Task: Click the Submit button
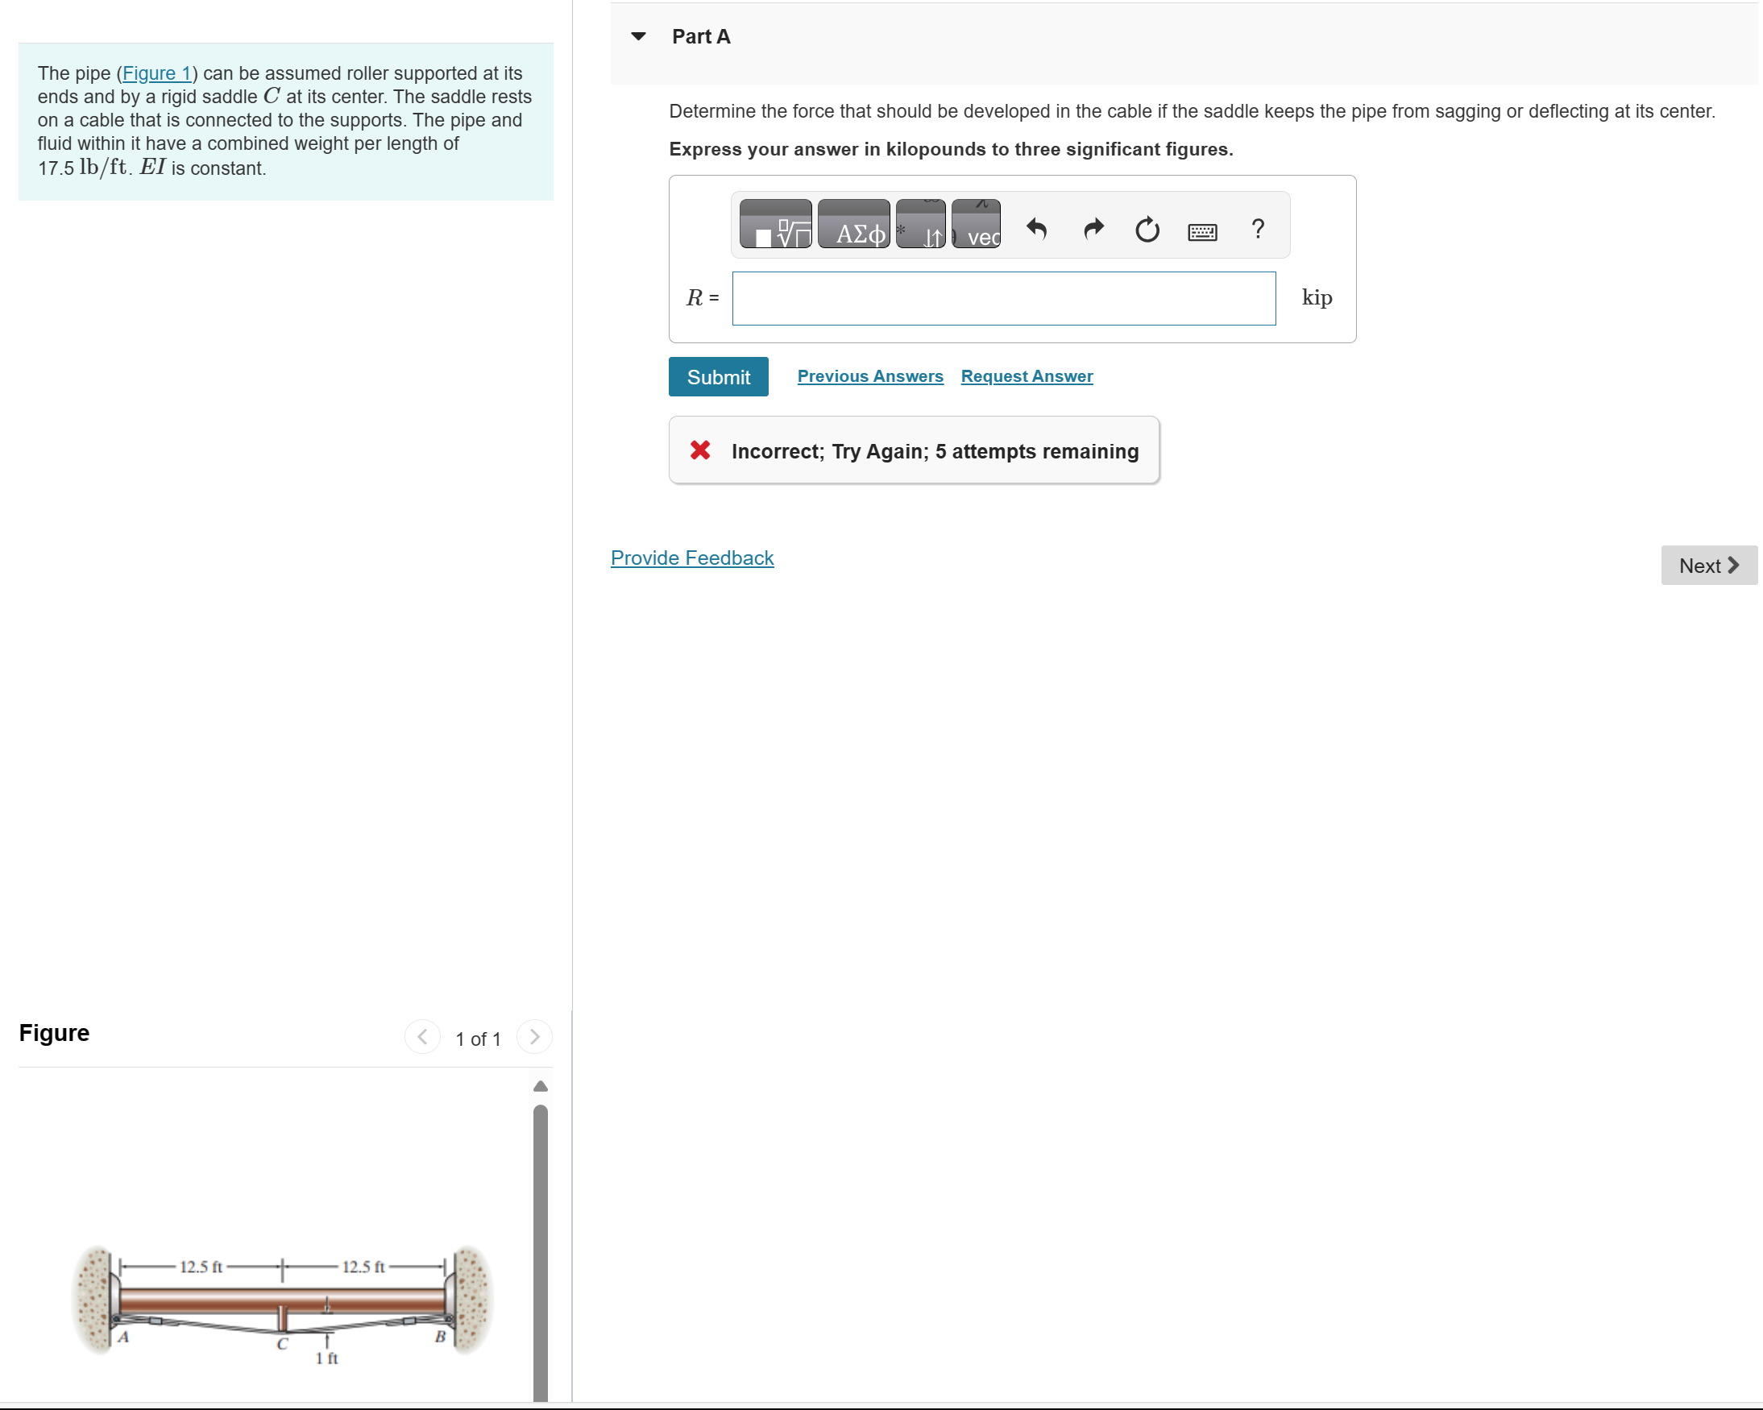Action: [718, 377]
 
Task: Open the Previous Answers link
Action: [870, 376]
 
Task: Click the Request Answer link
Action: [1027, 376]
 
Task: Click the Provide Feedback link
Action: [692, 558]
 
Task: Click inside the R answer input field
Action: [1003, 299]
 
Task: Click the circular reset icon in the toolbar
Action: [1147, 230]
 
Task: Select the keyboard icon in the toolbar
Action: [1201, 232]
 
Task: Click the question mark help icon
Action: [1258, 228]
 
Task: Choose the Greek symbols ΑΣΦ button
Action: [853, 224]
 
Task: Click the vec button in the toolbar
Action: [977, 224]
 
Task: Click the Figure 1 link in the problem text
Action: [156, 73]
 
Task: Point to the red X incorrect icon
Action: [700, 450]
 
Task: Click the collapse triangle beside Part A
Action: [639, 36]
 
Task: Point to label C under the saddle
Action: [282, 1344]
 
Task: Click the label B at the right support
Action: [440, 1337]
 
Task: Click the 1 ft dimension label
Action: [326, 1358]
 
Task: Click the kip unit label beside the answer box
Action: [1317, 297]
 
